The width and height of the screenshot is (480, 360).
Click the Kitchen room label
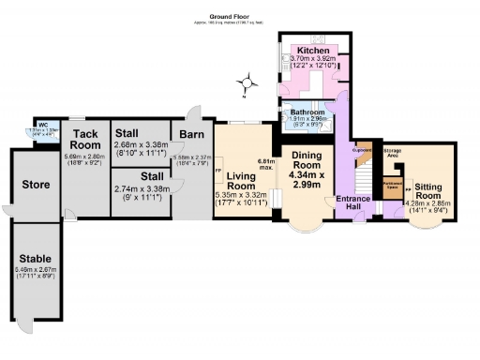[312, 50]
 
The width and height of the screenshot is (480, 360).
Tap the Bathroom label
[306, 112]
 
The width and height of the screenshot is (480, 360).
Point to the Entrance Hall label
[354, 204]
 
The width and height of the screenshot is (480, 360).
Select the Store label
[36, 185]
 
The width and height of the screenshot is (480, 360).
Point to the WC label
[42, 125]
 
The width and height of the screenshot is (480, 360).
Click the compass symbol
[247, 83]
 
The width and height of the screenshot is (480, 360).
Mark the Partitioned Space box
[394, 184]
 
